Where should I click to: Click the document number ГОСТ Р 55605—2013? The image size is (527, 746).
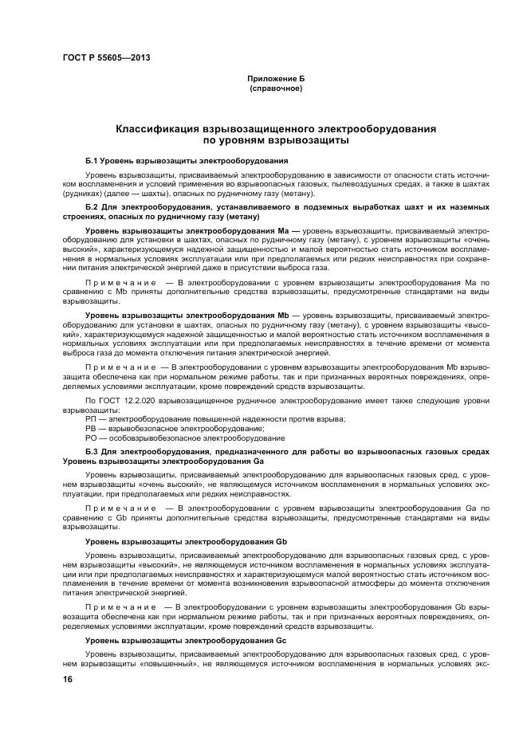click(x=107, y=58)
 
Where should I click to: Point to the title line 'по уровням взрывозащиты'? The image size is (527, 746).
click(x=275, y=139)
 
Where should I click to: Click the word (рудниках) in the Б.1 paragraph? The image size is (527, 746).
click(x=85, y=194)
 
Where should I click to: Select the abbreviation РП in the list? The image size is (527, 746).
click(x=90, y=418)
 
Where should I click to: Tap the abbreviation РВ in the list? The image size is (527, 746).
click(x=90, y=428)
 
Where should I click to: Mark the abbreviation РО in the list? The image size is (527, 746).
click(x=90, y=438)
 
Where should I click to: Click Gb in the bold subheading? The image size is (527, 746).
click(x=281, y=541)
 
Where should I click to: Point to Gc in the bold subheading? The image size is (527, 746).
click(x=281, y=641)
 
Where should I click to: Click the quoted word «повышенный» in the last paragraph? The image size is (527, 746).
click(x=178, y=662)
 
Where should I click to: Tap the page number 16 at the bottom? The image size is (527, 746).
click(x=68, y=679)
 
